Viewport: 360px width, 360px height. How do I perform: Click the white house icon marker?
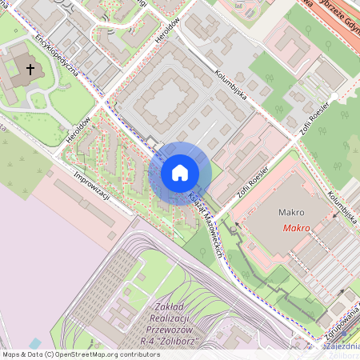[180, 173]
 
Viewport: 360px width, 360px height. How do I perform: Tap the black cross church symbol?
[31, 70]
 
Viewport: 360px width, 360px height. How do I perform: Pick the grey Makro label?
[293, 214]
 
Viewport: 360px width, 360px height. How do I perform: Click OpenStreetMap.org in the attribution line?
[86, 354]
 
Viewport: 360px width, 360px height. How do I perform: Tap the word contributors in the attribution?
[137, 354]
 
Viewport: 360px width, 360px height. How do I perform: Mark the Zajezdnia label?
[342, 346]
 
